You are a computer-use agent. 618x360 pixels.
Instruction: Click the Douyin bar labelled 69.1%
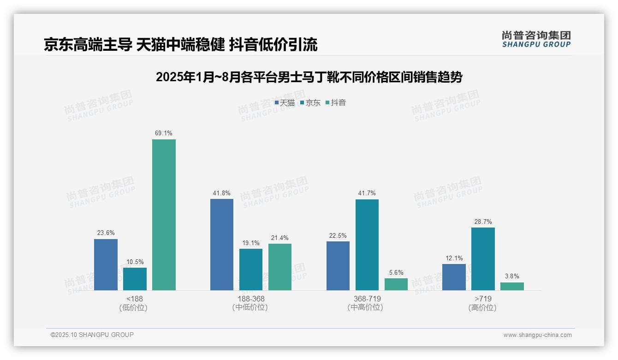coord(164,215)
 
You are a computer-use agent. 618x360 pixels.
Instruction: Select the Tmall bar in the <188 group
coord(106,264)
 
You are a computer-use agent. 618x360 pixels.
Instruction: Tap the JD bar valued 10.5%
coord(135,279)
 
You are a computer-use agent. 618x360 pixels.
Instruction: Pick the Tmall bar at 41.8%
coord(222,245)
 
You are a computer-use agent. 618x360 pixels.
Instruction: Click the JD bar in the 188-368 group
coord(251,270)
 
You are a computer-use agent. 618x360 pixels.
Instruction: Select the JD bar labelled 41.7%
coord(367,245)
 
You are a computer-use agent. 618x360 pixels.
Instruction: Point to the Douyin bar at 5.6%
coord(396,284)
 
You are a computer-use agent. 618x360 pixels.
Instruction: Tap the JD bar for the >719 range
coord(483,259)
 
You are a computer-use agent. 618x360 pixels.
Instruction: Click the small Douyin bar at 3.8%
coord(512,286)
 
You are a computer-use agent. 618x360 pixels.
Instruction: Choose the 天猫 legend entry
coord(285,102)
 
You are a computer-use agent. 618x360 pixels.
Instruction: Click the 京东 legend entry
coord(310,102)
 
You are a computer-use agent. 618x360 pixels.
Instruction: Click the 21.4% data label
coord(280,238)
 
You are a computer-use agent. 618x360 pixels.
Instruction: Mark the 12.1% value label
coord(454,258)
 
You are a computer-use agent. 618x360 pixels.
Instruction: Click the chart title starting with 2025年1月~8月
coord(309,77)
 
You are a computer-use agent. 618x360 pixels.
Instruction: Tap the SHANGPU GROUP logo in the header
coord(536,39)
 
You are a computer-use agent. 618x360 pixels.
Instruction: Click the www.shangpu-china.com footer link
coord(537,335)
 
